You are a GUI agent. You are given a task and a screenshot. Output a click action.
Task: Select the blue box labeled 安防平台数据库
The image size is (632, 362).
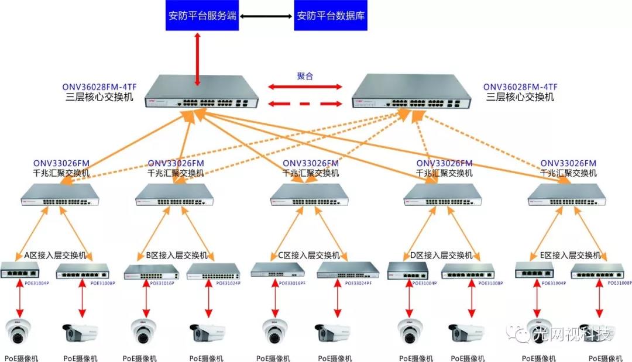click(x=331, y=15)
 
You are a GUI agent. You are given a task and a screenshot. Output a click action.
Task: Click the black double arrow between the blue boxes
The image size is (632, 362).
click(x=266, y=16)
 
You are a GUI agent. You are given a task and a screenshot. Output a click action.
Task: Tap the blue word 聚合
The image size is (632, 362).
click(x=305, y=76)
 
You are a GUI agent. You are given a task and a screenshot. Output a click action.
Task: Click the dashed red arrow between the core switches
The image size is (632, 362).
click(x=305, y=104)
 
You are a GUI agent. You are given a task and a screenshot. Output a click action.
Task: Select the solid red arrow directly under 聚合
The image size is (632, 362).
click(x=305, y=87)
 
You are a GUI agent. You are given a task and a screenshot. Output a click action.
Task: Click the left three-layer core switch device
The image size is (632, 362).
click(x=202, y=94)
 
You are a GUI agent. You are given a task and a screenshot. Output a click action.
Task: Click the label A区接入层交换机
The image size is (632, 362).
click(x=55, y=256)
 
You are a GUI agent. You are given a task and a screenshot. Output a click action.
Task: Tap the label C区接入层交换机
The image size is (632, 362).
click(x=305, y=256)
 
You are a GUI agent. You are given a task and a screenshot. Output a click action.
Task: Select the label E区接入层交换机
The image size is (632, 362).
click(x=571, y=256)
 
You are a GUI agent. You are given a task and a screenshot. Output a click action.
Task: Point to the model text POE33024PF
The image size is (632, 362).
click(x=357, y=283)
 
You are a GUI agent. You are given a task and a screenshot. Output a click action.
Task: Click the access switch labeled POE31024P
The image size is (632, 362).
click(x=214, y=271)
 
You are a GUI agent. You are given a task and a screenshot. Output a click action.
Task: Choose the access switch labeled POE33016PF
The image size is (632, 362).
click(x=278, y=270)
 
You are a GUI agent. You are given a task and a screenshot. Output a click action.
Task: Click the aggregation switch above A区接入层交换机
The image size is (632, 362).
click(x=60, y=195)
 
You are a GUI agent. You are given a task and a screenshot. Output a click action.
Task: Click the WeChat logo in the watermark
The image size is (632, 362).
click(x=518, y=334)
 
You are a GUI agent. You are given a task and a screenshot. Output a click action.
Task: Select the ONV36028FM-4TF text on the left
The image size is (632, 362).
click(x=98, y=86)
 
